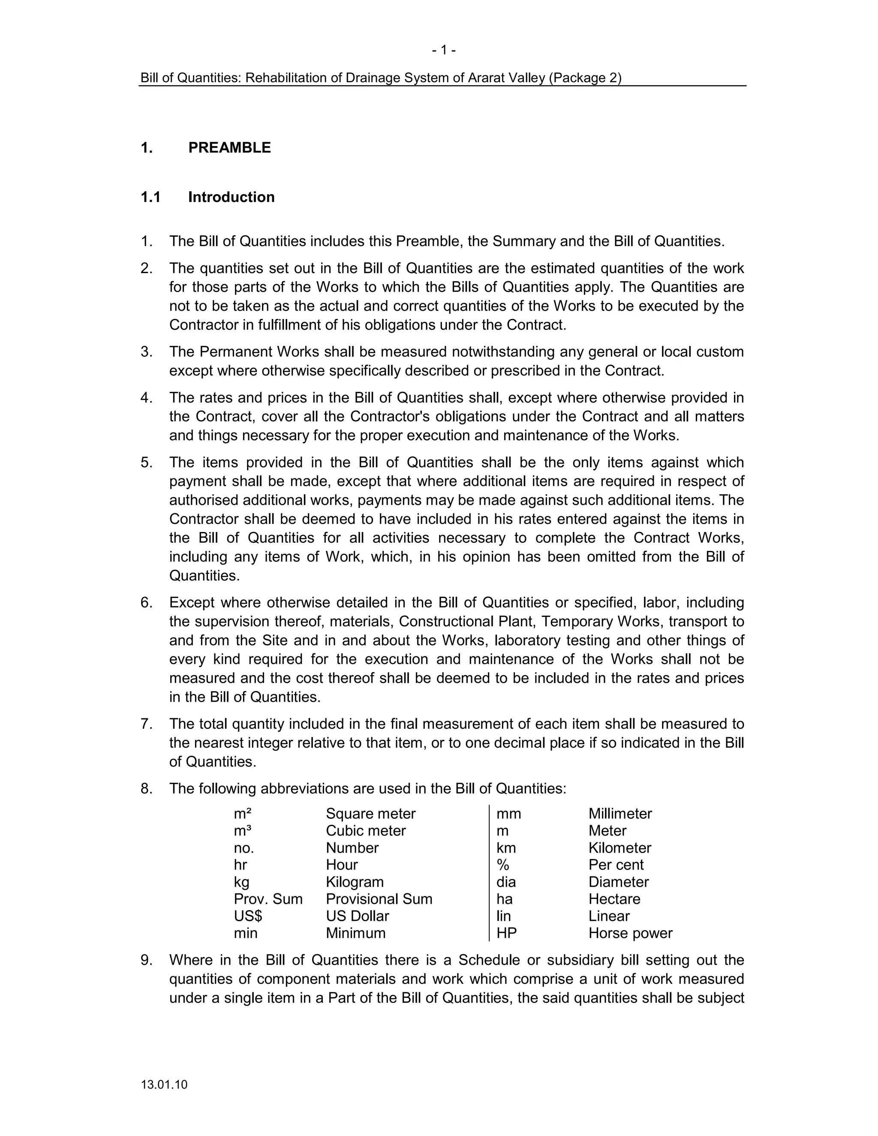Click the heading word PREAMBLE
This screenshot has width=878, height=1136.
pyautogui.click(x=229, y=148)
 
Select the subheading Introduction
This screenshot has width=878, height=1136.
pyautogui.click(x=231, y=197)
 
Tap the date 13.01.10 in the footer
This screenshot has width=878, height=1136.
pyautogui.click(x=164, y=1085)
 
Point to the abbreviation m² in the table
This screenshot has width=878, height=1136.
pyautogui.click(x=242, y=814)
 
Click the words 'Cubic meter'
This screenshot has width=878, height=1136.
pyautogui.click(x=366, y=831)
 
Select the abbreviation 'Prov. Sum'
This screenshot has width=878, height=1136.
pyautogui.click(x=268, y=899)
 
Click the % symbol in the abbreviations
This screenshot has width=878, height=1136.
pyautogui.click(x=503, y=865)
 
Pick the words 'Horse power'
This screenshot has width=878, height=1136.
pyautogui.click(x=630, y=933)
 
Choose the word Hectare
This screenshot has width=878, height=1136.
pyautogui.click(x=614, y=899)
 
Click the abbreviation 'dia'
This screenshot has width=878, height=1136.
pyautogui.click(x=506, y=882)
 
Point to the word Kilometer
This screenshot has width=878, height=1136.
pyautogui.click(x=619, y=848)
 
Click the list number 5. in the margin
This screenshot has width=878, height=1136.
pyautogui.click(x=147, y=463)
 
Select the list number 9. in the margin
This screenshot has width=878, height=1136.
pyautogui.click(x=147, y=960)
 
